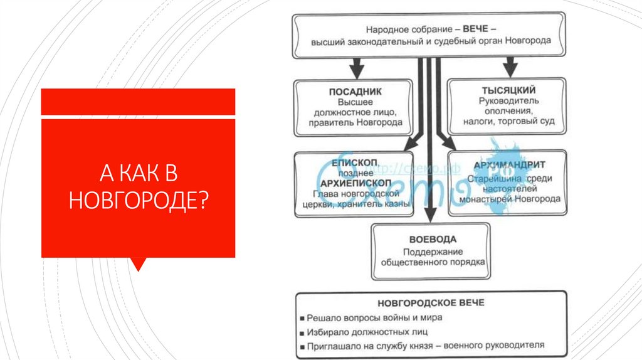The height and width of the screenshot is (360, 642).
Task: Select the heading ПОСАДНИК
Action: (355, 92)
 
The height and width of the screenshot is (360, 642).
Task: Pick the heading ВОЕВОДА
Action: (433, 239)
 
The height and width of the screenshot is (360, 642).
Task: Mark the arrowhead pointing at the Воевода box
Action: (431, 216)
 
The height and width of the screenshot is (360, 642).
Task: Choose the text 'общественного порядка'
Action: (433, 262)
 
